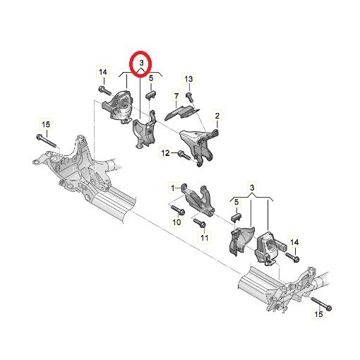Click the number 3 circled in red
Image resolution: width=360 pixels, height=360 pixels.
[141, 64]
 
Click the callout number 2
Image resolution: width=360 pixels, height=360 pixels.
[217, 115]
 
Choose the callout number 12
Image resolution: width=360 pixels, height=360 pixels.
[165, 152]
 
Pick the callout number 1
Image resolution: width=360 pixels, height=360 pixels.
[171, 188]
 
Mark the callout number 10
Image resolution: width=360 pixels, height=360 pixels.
[176, 222]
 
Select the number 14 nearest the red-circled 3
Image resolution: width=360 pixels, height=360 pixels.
[102, 72]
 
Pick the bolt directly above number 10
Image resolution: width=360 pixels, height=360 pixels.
[176, 210]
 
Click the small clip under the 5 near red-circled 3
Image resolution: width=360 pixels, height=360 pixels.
[151, 92]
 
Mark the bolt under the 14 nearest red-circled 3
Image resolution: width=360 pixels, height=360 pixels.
[105, 90]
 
